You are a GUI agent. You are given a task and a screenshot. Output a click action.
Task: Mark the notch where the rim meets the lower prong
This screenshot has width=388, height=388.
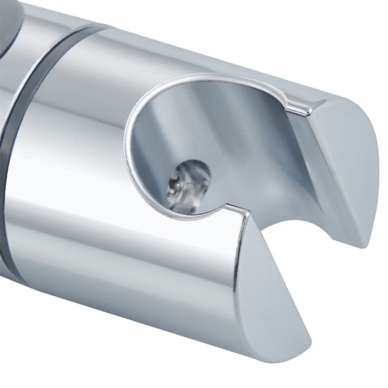pyautogui.click(x=235, y=213)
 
